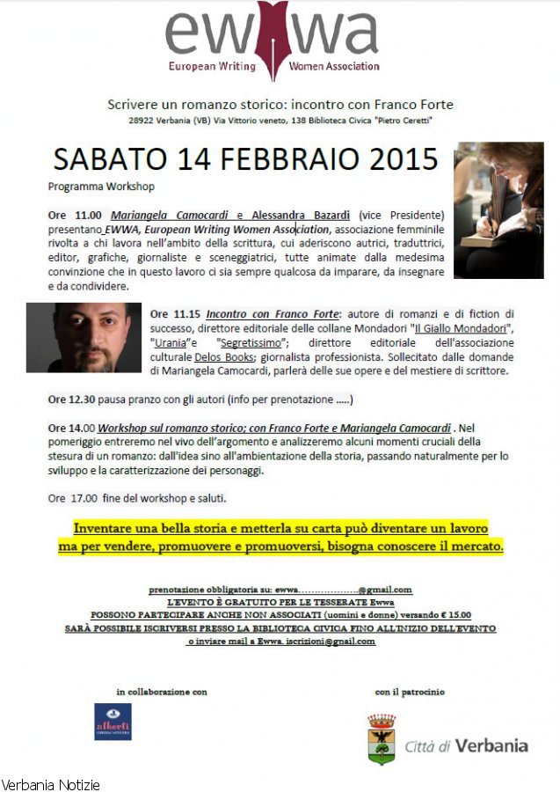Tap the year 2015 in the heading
395,159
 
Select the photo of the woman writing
498,209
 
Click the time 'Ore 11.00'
75,215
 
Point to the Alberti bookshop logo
113,721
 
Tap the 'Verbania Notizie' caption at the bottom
50,784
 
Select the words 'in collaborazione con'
162,692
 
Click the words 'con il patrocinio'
410,692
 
